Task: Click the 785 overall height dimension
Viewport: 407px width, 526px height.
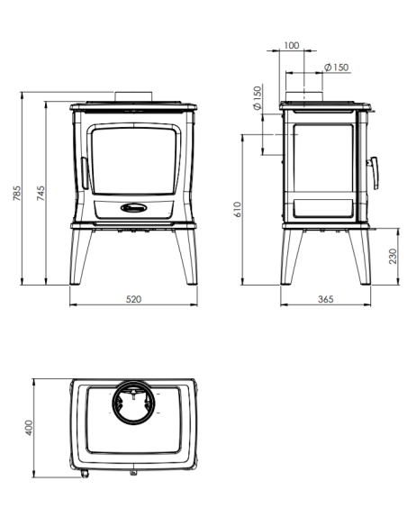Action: (x=17, y=188)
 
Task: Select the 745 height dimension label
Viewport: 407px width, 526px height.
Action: (x=41, y=194)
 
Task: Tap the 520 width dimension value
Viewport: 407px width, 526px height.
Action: (x=133, y=298)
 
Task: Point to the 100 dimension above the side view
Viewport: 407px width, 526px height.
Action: (x=290, y=44)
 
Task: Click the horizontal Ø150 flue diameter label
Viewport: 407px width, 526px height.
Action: (x=335, y=68)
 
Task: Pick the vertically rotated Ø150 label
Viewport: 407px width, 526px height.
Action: (x=258, y=98)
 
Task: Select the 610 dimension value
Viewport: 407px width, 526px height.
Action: (x=238, y=210)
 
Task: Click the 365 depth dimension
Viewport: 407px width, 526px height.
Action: (x=326, y=298)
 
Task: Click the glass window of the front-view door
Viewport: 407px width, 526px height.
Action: (x=134, y=159)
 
